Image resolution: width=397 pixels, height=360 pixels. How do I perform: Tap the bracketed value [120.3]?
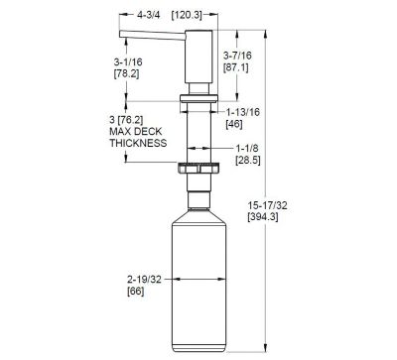[x=187, y=15]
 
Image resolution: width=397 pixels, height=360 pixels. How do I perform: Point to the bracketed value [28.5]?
[x=239, y=161]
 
